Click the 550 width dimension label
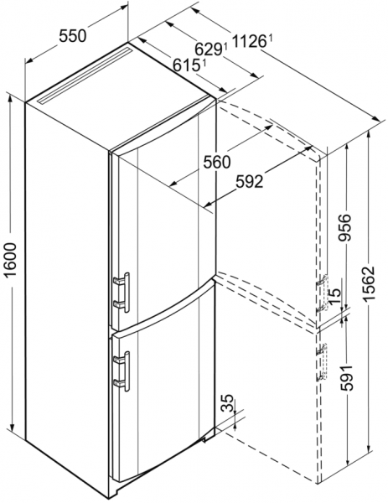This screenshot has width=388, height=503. tap(73, 36)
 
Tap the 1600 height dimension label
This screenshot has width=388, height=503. tap(12, 260)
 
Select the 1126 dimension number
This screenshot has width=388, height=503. tap(250, 41)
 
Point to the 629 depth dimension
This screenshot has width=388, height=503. tap(209, 49)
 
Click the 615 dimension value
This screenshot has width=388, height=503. tap(185, 65)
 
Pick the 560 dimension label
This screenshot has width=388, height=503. tap(217, 163)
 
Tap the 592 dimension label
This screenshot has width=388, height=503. tap(249, 182)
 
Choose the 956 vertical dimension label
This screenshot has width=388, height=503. tap(346, 227)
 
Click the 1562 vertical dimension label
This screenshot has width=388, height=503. tap(370, 283)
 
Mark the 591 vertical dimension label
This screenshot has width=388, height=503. tap(346, 377)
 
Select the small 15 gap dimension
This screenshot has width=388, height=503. tap(334, 293)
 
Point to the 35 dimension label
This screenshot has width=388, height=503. tap(227, 403)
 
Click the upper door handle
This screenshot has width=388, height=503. tap(122, 292)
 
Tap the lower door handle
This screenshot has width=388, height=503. tap(122, 371)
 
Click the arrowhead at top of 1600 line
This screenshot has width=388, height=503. tap(11, 100)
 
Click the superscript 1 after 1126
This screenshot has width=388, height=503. tap(270, 39)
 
